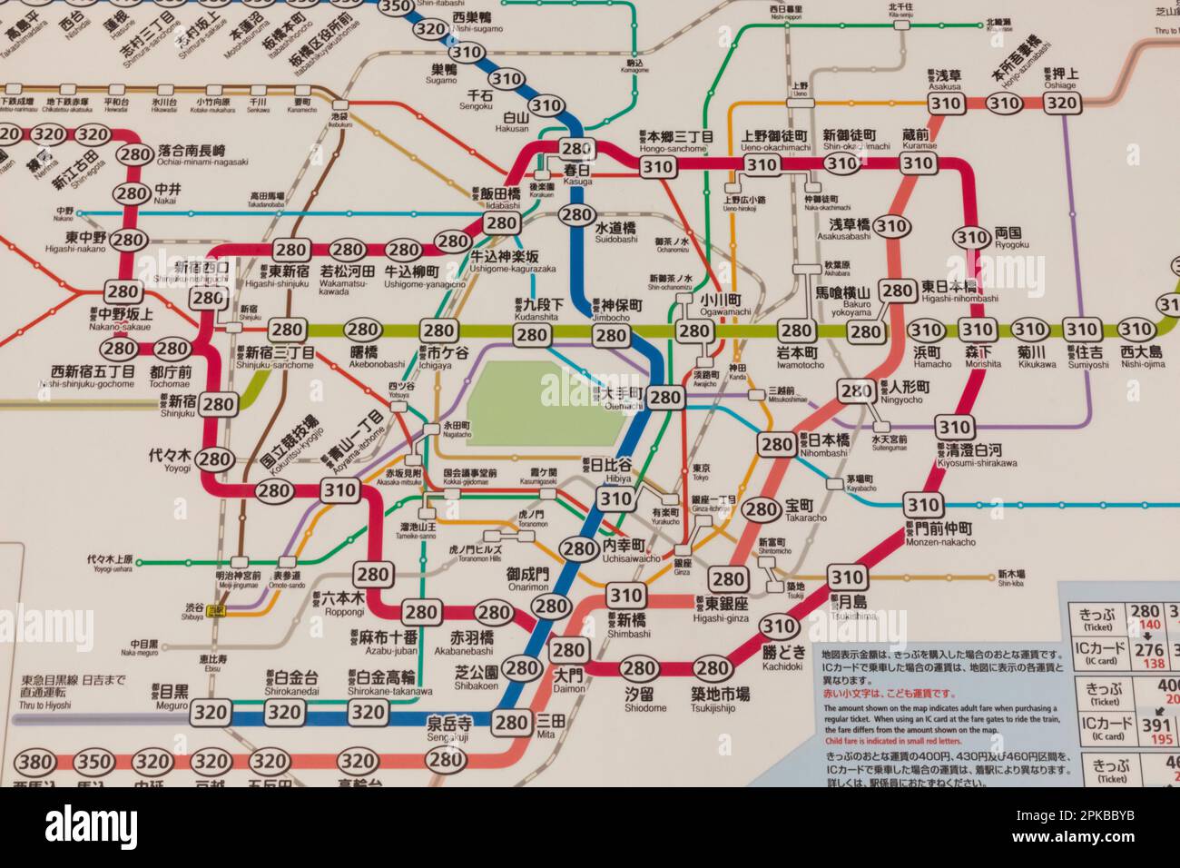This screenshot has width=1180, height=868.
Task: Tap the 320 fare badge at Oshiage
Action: point(1062,102)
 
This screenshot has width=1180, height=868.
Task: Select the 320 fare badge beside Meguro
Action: point(211,713)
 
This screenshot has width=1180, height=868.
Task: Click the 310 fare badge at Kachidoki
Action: point(778,626)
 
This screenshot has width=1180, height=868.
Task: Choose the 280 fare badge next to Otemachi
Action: point(665,397)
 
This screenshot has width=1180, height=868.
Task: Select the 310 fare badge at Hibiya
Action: point(615,498)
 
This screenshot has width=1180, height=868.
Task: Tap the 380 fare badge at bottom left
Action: point(37,762)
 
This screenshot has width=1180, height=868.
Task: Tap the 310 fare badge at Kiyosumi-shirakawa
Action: point(954,427)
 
